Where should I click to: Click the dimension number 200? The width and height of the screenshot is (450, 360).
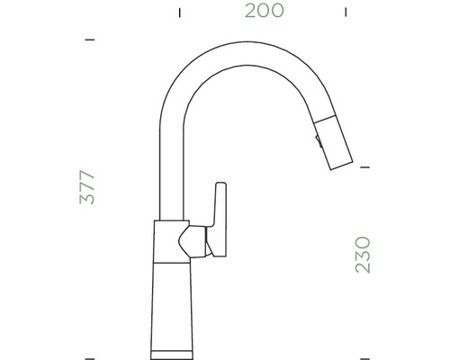[264, 12]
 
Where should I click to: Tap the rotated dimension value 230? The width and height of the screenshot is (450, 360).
[362, 255]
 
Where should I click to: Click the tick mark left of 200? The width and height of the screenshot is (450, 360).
[179, 13]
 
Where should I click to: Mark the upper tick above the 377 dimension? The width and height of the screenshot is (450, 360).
[89, 40]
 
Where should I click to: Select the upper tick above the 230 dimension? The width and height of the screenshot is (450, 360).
[364, 166]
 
